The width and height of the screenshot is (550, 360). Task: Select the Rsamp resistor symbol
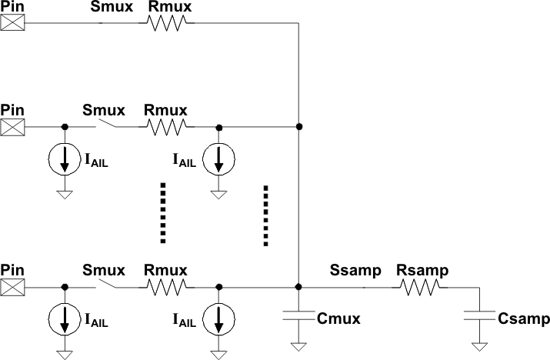tap(418, 287)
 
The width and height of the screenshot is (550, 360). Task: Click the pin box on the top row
tap(12, 22)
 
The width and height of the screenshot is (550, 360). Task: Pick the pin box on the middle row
tap(12, 126)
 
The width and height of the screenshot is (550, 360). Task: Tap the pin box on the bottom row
tap(12, 287)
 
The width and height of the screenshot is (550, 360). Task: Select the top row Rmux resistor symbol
tap(165, 23)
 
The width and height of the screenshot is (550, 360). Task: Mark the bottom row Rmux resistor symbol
tap(165, 287)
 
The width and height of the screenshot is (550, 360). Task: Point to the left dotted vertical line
tap(162, 213)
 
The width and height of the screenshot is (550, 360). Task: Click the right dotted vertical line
tap(265, 215)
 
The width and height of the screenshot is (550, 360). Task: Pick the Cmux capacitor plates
tap(298, 315)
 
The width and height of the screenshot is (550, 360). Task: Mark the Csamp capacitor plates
tap(478, 316)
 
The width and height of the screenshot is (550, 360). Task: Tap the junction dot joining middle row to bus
tap(298, 126)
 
